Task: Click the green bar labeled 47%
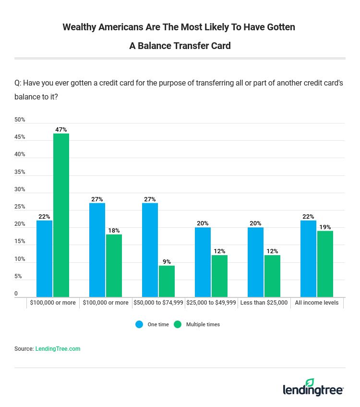61,215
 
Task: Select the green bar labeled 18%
114,265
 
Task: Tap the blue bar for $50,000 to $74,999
150,250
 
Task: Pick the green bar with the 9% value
167,281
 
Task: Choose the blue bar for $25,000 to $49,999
203,262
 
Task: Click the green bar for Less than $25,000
272,276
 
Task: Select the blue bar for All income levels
308,259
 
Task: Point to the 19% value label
325,227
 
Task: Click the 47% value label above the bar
61,130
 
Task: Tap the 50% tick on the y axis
20,120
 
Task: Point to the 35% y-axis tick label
20,172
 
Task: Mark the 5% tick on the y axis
18,276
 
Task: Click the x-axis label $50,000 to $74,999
158,303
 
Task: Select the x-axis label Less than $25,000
264,303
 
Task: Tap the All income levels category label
317,303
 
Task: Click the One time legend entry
153,324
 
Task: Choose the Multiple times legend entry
197,324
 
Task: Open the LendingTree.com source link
58,349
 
